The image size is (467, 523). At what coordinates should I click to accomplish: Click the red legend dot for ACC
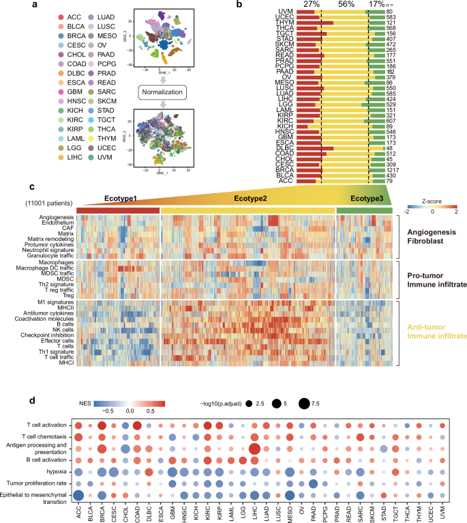tap(24, 15)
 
